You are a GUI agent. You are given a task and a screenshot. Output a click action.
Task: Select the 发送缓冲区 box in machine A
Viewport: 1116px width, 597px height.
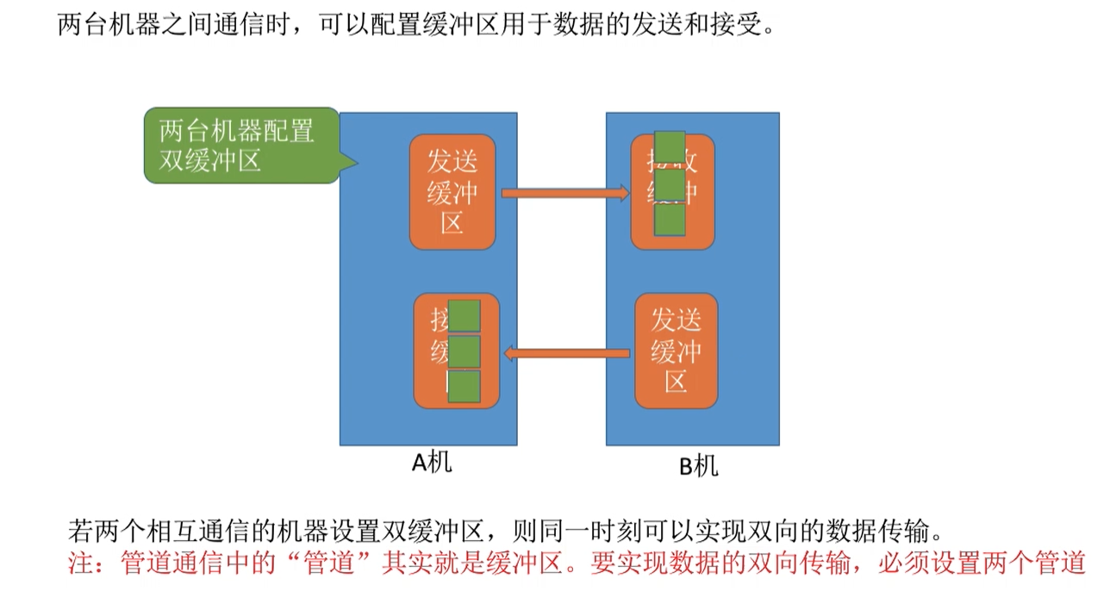click(x=452, y=191)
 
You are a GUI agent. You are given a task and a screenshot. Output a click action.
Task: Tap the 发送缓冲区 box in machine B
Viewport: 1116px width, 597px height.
click(x=676, y=351)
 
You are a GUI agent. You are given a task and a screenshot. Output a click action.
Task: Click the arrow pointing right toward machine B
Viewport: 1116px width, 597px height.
click(x=565, y=193)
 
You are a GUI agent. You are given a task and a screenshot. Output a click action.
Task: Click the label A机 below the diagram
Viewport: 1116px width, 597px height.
click(x=431, y=463)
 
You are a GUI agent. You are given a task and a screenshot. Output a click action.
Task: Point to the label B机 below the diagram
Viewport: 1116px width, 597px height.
click(x=698, y=466)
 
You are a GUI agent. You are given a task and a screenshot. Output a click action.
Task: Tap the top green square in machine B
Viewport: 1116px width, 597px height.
click(x=670, y=148)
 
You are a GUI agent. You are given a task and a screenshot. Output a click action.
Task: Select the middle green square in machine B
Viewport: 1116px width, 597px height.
click(x=670, y=184)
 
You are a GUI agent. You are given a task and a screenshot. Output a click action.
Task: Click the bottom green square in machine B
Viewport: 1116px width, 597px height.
click(x=670, y=221)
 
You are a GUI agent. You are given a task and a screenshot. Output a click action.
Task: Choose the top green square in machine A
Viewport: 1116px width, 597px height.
click(x=464, y=315)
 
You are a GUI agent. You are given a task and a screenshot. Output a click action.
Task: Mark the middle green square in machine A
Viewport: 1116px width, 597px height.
click(x=464, y=351)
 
